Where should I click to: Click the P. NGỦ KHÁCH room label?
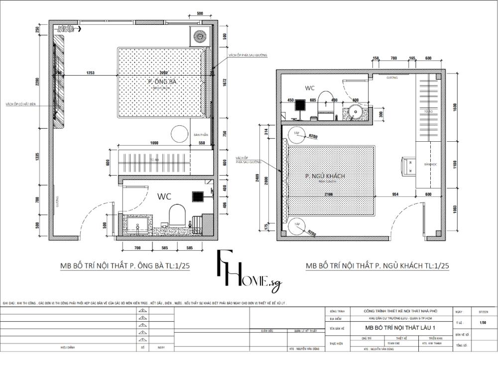[325, 176]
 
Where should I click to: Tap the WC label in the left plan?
[164, 197]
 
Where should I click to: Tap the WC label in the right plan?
[310, 88]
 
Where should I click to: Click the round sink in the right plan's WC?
[356, 110]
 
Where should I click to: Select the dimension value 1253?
[90, 73]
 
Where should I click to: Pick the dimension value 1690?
[154, 143]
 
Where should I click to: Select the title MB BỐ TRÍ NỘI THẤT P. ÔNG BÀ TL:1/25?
[124, 266]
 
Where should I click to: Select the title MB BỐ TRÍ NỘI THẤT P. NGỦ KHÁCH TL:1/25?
[377, 266]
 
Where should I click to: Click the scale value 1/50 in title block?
[482, 323]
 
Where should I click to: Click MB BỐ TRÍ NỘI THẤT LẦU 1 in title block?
[393, 328]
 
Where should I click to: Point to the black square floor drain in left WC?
[197, 196]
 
